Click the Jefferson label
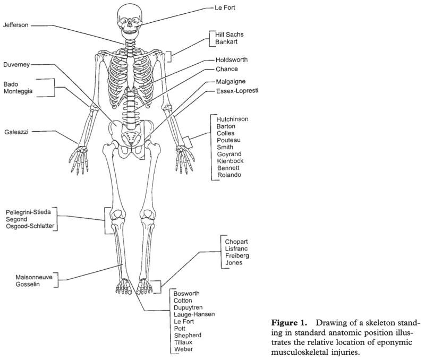point(16,25)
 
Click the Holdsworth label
point(232,59)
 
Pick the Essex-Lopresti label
point(237,91)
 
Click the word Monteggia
point(20,92)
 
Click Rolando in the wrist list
point(229,175)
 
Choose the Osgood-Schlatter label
point(30,226)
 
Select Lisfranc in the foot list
point(236,249)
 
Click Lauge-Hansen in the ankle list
point(194,314)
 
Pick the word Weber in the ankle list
point(183,349)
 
